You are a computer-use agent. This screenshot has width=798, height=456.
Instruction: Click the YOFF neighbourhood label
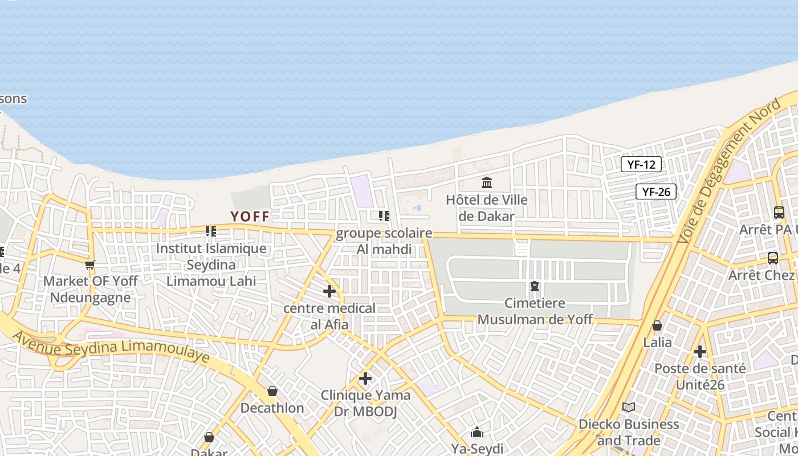coord(250,217)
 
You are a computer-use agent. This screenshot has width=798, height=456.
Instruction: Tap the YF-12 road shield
coord(641,165)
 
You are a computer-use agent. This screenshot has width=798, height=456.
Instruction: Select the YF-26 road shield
coord(656,192)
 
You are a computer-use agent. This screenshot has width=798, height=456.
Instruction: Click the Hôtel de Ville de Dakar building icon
coord(487,183)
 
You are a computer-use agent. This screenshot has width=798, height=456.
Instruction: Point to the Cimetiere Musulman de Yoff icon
coord(535,286)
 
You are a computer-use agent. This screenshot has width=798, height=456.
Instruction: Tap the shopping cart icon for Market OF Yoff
coord(89,265)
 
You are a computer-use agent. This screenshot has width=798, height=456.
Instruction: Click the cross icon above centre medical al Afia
coord(329,291)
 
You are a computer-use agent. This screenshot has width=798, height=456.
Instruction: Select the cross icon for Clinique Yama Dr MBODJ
coord(365,378)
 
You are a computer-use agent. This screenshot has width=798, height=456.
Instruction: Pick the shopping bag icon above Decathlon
coord(272,391)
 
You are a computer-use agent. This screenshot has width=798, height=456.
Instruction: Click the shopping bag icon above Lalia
coord(657,325)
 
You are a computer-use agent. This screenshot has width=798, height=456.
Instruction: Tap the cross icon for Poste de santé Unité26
coord(700,352)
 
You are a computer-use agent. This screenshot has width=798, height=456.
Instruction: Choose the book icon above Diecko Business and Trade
coord(629,407)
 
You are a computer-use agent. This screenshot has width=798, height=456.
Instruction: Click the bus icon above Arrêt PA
coord(779,213)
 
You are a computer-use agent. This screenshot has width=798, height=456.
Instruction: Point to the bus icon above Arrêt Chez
coord(773,258)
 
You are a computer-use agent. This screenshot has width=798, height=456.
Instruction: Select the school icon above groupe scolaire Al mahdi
coord(384,216)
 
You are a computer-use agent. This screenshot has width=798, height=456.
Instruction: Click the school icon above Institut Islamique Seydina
coord(211,231)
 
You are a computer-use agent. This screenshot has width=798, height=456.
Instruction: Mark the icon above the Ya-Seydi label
coord(477,432)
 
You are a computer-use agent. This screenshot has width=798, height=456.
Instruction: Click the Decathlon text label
coord(272,408)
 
